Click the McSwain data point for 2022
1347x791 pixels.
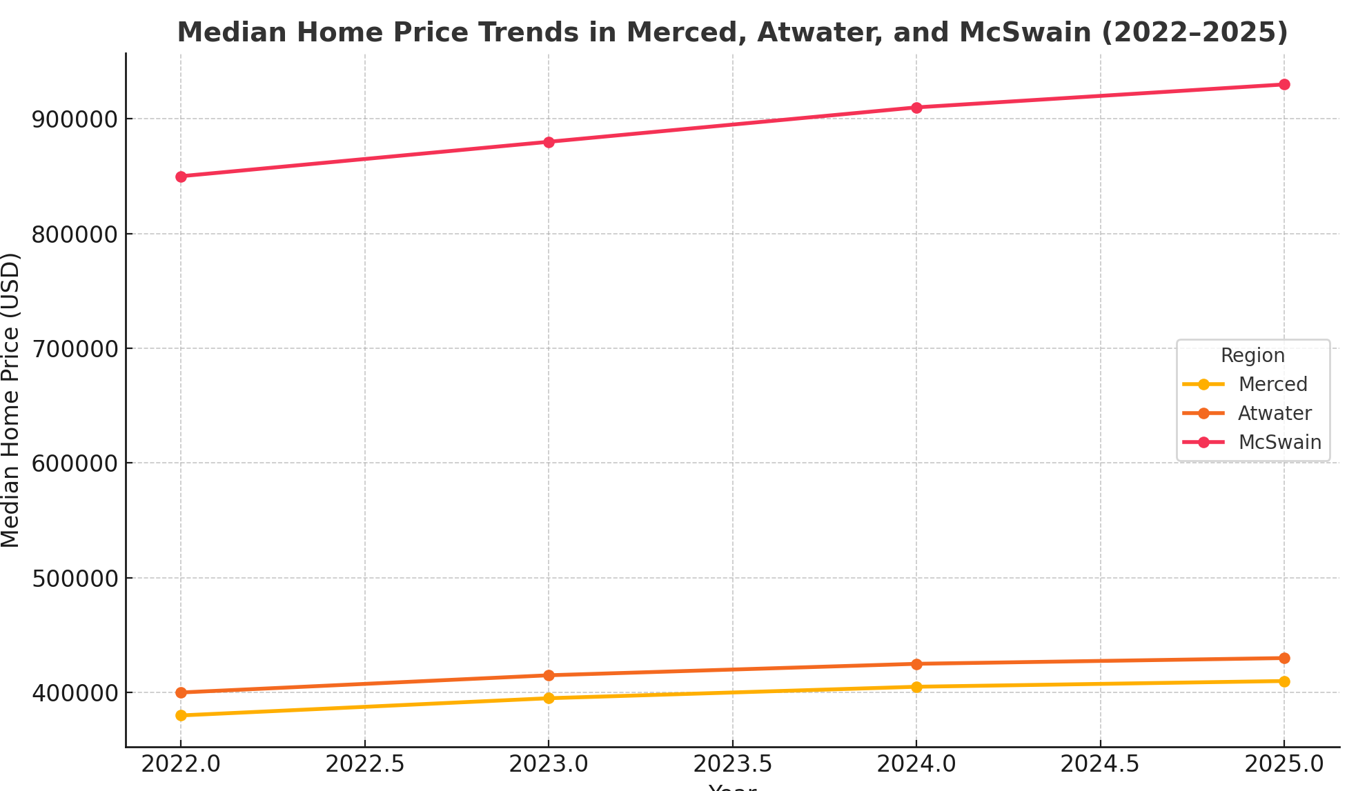tap(181, 177)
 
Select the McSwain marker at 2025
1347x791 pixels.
tap(1284, 85)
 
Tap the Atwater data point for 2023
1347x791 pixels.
tap(549, 675)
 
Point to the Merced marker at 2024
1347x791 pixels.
tap(916, 687)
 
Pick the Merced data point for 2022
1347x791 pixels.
tap(181, 715)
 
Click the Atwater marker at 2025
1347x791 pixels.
tap(1284, 658)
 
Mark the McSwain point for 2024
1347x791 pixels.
tap(916, 108)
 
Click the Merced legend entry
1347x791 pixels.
tap(1272, 384)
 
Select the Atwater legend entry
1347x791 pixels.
tap(1274, 413)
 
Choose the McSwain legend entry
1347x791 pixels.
tap(1279, 442)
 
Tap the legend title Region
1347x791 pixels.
tap(1252, 356)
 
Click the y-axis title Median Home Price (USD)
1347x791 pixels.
tap(11, 400)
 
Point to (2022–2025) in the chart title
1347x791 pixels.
tap(1194, 32)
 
